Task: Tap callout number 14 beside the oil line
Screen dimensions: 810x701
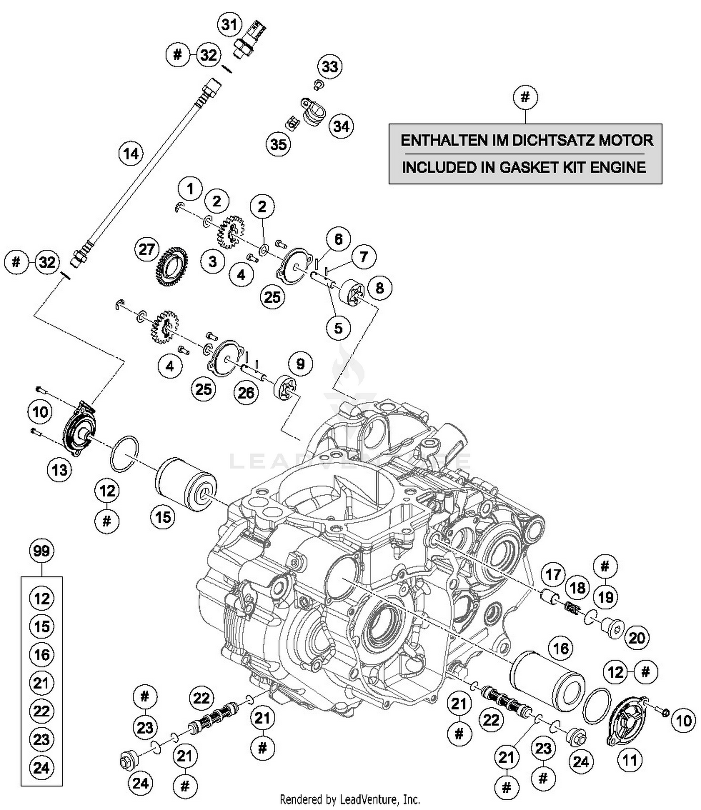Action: coord(131,153)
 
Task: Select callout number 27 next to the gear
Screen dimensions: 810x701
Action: coord(147,249)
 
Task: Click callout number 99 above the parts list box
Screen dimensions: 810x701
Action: coord(42,551)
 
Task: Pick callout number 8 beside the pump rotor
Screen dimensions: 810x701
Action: coord(379,288)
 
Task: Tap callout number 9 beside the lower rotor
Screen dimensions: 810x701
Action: coord(300,364)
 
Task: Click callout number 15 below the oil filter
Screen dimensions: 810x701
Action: coord(163,517)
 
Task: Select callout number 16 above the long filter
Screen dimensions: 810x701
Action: coord(560,648)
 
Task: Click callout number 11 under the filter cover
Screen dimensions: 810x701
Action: coord(630,760)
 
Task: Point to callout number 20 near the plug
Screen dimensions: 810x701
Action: coord(637,638)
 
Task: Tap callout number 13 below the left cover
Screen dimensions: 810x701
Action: coord(60,469)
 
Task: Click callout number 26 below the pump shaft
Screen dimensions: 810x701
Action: coord(246,393)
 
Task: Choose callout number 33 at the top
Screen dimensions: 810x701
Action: coord(330,66)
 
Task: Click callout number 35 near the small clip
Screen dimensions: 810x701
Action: coord(279,144)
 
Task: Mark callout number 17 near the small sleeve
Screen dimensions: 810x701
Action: coord(553,574)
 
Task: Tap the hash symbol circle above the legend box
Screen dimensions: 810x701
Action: coord(525,97)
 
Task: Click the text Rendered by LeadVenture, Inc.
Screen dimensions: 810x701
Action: coord(350,799)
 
